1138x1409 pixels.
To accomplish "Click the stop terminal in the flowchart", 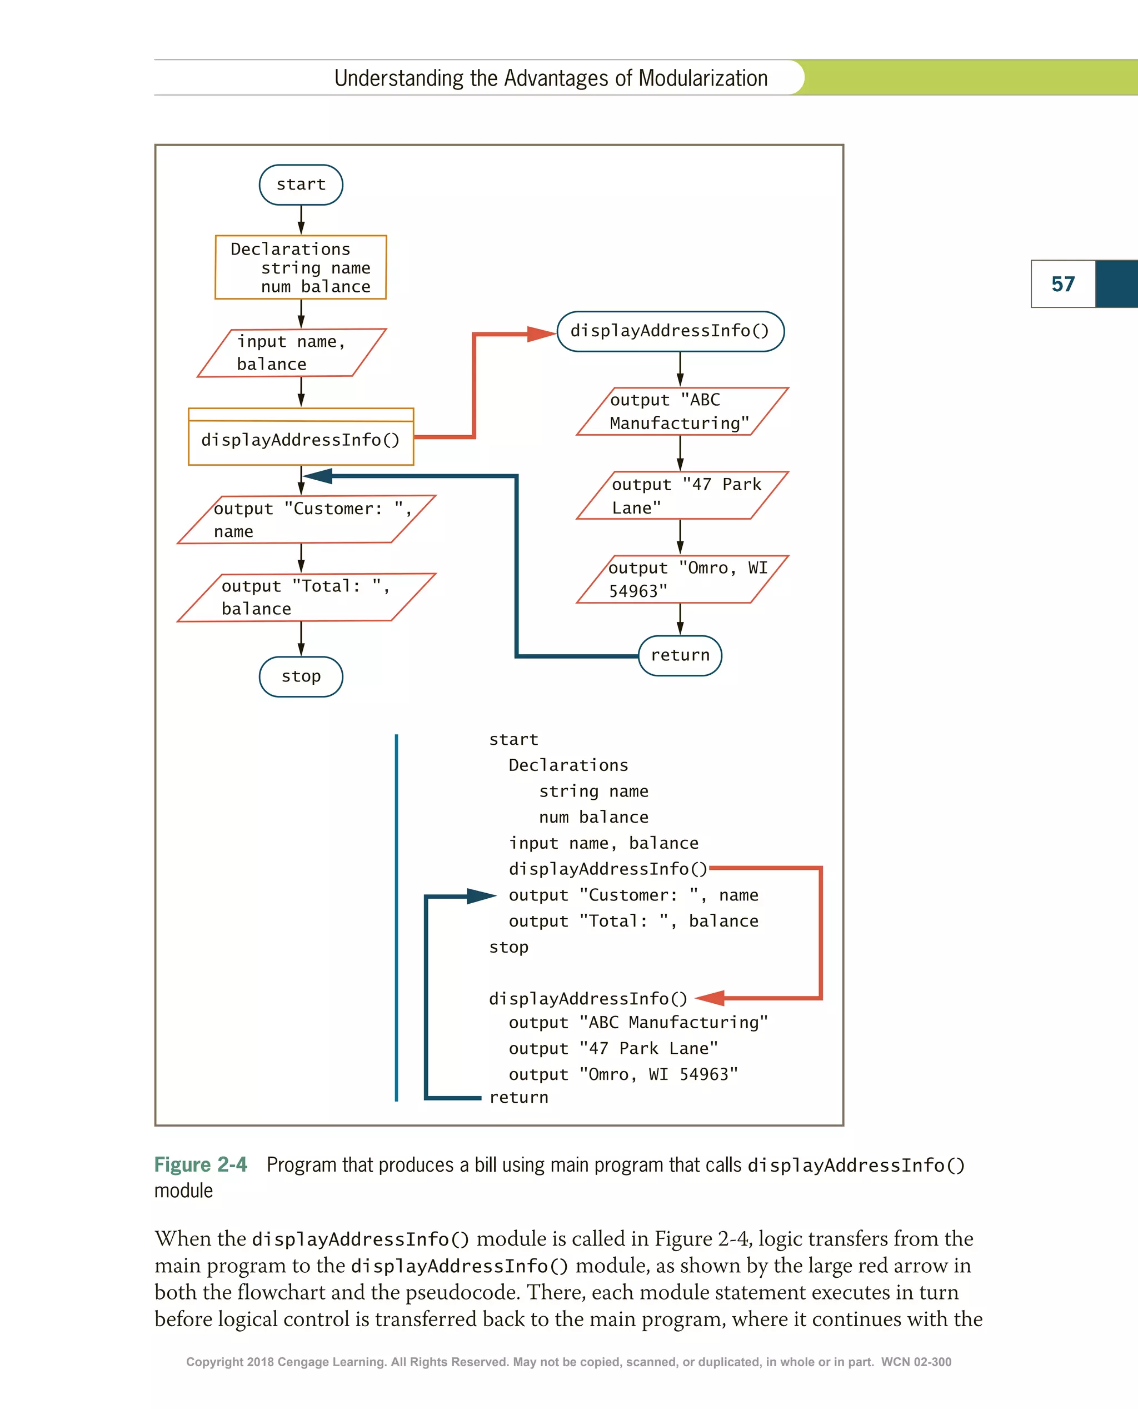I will [x=301, y=676].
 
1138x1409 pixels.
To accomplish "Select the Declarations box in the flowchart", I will [x=301, y=267].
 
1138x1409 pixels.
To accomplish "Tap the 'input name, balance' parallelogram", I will [x=292, y=353].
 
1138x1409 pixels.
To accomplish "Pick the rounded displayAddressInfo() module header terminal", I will [x=670, y=331].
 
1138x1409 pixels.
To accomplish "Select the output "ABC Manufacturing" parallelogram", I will [x=682, y=411].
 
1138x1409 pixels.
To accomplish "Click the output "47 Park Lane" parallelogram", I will [x=682, y=495].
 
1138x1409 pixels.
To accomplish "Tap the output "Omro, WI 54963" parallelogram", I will [x=682, y=579].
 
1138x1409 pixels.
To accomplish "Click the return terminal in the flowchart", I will [x=680, y=655].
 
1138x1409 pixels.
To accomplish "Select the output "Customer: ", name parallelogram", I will [x=306, y=519].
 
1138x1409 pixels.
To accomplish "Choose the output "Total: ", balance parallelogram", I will [x=306, y=598].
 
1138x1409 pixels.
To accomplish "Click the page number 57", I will [x=1062, y=284].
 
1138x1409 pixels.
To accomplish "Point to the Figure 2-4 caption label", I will [x=201, y=1164].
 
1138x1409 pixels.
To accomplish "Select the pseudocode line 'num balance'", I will [x=593, y=817].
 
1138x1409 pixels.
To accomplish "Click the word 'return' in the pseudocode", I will [x=518, y=1097].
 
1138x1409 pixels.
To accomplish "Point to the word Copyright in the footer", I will [x=214, y=1362].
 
